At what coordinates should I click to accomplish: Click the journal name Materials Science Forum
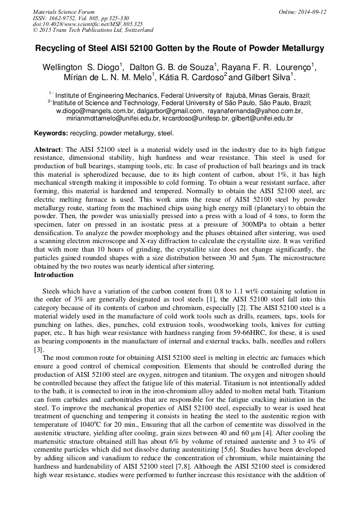64,12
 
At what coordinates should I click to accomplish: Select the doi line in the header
88,24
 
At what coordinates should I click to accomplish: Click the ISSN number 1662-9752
65,18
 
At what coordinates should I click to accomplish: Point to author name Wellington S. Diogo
81,67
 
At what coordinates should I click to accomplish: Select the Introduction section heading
54,275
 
